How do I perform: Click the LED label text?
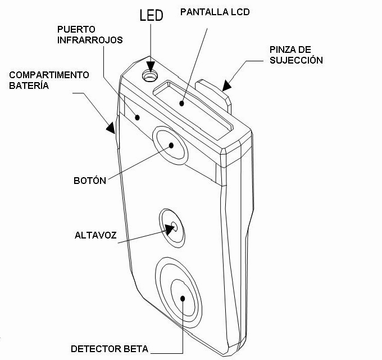pyautogui.click(x=151, y=15)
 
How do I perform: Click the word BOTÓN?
pyautogui.click(x=90, y=181)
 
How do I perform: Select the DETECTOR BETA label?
pyautogui.click(x=109, y=349)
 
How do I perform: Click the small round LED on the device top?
pyautogui.click(x=149, y=76)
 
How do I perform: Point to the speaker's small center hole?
pyautogui.click(x=174, y=226)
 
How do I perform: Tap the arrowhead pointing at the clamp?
pyautogui.click(x=225, y=85)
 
